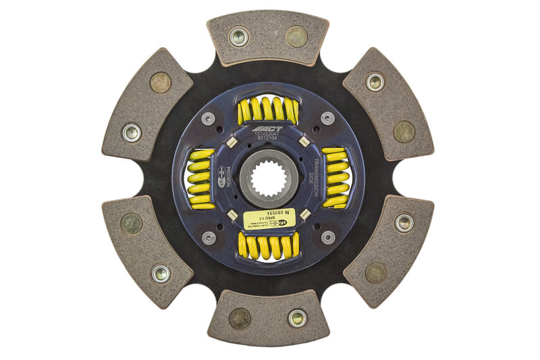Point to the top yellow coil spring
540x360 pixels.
[267, 109]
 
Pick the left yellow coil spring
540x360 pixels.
[200, 179]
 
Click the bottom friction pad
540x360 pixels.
[268, 317]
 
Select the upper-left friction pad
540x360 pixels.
[147, 104]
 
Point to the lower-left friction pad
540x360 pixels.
[147, 251]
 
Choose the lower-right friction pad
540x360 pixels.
[388, 251]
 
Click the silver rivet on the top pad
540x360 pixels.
[239, 37]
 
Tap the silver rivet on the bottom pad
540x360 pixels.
[297, 318]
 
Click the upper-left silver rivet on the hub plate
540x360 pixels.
[209, 118]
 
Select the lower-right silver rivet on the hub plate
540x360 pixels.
[328, 238]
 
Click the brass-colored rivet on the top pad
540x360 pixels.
[296, 36]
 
